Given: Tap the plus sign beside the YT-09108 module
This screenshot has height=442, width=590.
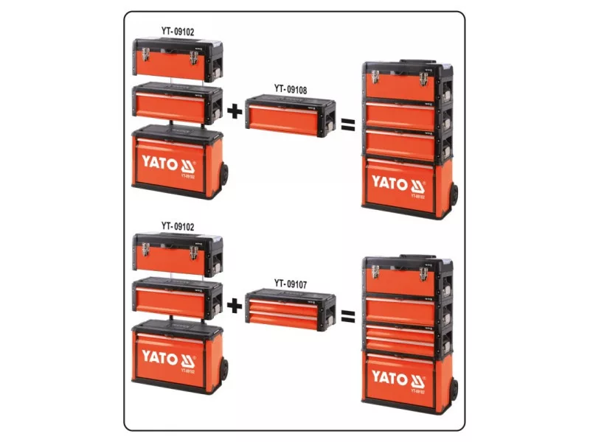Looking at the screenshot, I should pos(234,113).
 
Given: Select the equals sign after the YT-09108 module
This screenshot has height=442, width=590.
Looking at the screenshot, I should pos(348,123).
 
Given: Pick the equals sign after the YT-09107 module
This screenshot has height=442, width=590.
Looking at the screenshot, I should pos(348,316).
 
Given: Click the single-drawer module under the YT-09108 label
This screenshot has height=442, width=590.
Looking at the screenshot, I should pos(291,117).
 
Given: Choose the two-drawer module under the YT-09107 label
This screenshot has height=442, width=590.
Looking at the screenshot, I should pos(291,310).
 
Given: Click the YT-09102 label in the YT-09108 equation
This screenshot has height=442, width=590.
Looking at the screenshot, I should pos(178,32).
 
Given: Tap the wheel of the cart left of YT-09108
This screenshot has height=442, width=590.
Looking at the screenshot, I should pos(223,177).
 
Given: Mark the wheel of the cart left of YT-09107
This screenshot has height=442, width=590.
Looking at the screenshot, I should pos(223,370).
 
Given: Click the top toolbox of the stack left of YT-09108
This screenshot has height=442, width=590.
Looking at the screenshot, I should pos(176,60).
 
